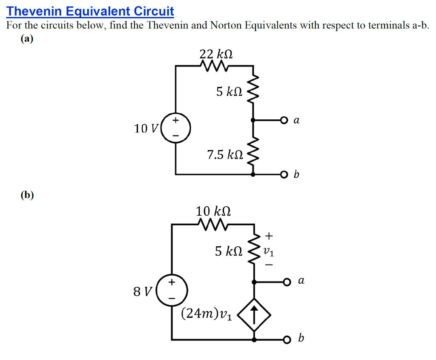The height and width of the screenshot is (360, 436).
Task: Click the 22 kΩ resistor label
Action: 216,55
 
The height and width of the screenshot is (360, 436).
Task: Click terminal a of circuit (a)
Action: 284,121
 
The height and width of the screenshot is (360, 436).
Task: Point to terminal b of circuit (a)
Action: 284,174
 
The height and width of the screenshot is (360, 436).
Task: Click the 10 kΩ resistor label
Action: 213,211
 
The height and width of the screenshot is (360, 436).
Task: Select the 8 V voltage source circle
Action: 171,292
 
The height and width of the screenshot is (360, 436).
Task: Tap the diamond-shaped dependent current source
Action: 254,315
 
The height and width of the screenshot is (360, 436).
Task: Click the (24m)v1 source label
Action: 207,314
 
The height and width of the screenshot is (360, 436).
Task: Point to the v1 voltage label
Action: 269,251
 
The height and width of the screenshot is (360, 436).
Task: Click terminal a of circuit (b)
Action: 288,282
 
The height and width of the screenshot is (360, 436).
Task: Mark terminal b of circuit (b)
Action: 288,340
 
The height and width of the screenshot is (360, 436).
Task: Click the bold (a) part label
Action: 26,38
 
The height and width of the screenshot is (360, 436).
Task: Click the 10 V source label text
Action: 146,128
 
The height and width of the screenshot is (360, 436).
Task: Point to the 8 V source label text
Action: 143,292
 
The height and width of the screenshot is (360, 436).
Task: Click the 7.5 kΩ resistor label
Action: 225,155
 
